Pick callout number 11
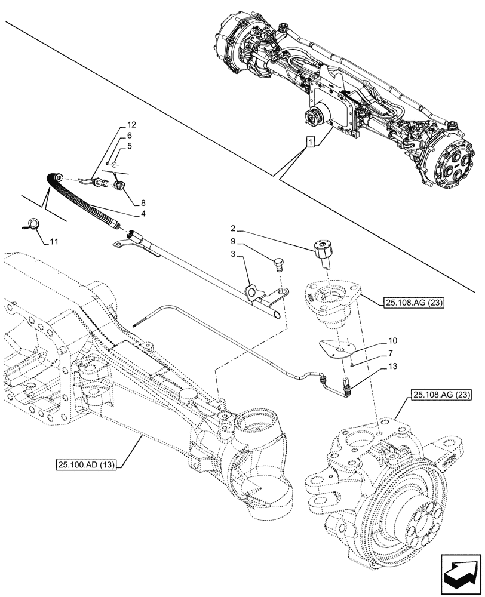click(55, 241)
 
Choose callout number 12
click(131, 125)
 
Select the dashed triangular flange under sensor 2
click(331, 301)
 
